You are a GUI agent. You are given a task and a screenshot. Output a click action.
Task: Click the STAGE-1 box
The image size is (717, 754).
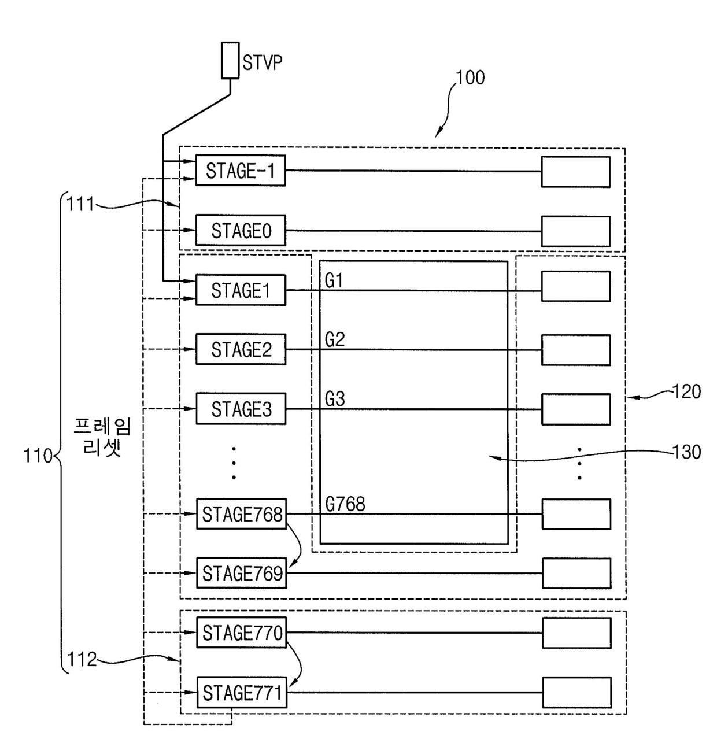241,170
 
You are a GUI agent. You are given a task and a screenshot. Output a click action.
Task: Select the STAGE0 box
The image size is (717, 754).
241,230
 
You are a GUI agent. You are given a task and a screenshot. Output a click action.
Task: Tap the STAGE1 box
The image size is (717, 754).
241,290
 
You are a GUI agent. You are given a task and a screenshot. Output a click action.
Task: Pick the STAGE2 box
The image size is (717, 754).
241,349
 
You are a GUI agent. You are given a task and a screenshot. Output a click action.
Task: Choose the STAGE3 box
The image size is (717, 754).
241,408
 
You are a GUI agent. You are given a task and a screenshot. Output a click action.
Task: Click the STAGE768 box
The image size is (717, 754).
241,514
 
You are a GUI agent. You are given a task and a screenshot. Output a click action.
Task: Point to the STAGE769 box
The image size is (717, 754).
241,573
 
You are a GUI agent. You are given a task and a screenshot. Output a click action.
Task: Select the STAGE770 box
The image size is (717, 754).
242,633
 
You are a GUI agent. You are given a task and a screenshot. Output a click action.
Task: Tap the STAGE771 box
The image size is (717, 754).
242,692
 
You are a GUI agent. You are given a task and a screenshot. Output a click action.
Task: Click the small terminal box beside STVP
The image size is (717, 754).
230,61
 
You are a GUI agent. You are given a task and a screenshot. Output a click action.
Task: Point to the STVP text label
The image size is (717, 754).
263,62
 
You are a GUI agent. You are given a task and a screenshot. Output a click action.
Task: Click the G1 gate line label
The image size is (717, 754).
334,280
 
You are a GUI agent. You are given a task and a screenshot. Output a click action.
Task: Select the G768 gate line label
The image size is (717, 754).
345,504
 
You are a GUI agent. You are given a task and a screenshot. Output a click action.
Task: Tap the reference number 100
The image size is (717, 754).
470,77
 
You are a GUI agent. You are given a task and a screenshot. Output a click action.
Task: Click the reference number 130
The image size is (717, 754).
687,452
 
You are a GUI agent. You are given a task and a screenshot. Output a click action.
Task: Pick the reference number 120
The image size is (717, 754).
687,391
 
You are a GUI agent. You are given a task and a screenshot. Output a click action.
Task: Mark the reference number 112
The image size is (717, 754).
82,660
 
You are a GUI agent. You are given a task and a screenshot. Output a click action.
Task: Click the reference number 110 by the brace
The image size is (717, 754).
38,456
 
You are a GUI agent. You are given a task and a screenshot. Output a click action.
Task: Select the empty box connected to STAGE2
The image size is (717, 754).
576,350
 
